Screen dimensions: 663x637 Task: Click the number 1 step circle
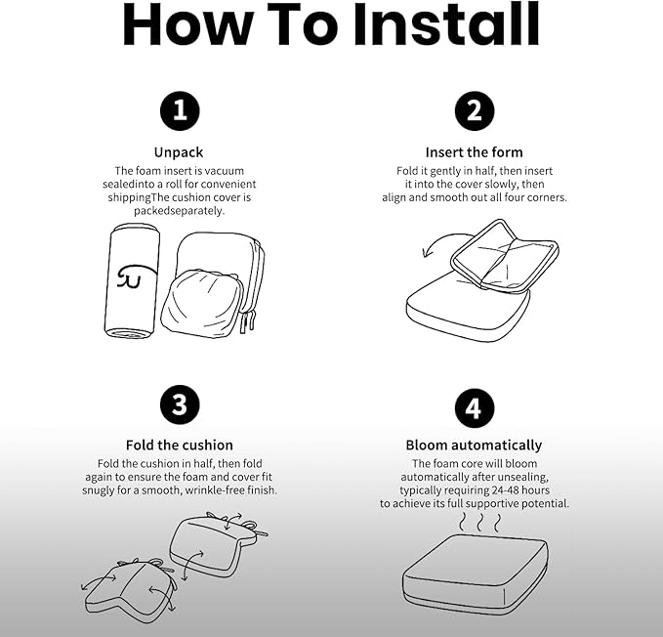tap(180, 110)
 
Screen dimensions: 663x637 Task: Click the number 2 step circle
tap(475, 110)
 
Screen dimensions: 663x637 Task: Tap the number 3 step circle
tap(180, 404)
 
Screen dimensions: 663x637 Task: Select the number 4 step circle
tap(475, 408)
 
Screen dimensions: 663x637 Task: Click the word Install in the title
tap(446, 24)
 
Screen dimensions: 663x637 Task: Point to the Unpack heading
tap(179, 152)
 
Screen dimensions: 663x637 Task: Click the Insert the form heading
tap(474, 152)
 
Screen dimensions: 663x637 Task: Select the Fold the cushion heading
tap(180, 445)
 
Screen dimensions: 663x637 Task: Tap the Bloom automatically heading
tap(474, 446)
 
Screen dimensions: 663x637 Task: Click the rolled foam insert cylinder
tap(132, 281)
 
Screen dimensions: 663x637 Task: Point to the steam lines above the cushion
tap(480, 523)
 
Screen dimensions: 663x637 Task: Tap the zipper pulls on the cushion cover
tap(248, 321)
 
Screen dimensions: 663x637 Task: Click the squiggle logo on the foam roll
tap(135, 276)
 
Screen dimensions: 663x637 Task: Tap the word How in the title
tap(188, 24)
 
